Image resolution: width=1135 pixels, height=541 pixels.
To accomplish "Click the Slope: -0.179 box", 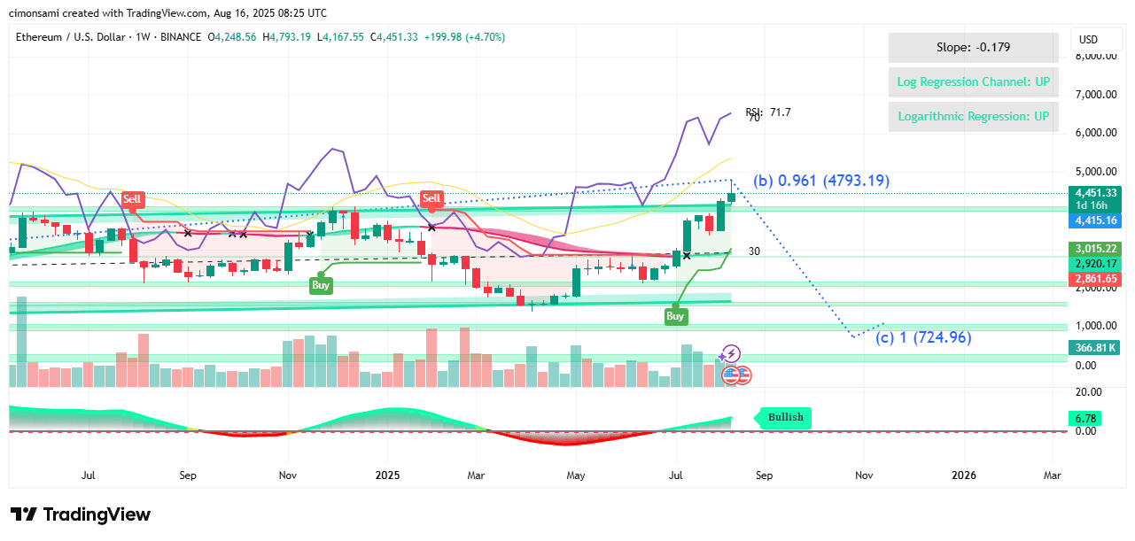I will [x=973, y=48].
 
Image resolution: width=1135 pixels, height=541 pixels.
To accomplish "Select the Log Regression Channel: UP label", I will [x=973, y=82].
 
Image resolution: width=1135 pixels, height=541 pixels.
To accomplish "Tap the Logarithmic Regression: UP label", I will [x=973, y=117].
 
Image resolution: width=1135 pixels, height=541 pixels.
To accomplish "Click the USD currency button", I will [x=1087, y=40].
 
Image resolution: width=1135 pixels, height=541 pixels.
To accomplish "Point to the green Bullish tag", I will [x=784, y=417].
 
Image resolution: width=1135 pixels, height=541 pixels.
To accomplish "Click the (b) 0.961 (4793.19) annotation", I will [x=821, y=182].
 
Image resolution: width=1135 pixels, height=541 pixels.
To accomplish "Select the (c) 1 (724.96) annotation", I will [x=923, y=337].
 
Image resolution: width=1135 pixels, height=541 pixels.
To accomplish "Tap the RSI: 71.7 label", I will [x=768, y=112].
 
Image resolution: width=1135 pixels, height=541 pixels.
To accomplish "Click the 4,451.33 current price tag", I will [x=1096, y=193].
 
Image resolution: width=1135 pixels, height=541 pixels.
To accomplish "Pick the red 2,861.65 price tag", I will [x=1096, y=279].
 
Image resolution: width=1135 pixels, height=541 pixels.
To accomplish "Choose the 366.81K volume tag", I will [x=1096, y=348].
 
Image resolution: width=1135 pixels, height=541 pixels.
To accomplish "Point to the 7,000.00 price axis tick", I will [x=1095, y=95].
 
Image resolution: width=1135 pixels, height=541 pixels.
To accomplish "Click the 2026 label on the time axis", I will [x=963, y=475].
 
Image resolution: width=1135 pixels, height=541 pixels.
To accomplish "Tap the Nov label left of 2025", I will [x=286, y=475].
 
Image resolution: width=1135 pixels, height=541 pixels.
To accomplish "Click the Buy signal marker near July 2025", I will [x=675, y=316].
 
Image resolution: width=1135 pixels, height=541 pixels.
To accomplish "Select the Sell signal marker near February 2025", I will [x=431, y=198].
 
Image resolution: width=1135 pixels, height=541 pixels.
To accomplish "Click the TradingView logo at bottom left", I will [x=81, y=514].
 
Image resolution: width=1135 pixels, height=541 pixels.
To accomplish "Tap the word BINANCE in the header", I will [x=183, y=37].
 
